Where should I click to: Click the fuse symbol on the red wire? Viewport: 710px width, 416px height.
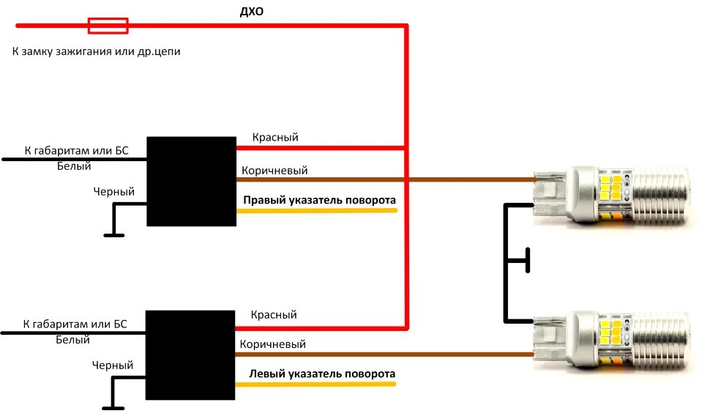click(108, 26)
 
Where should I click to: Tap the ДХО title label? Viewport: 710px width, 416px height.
click(252, 12)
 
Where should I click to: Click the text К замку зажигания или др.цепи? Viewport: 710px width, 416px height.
click(96, 52)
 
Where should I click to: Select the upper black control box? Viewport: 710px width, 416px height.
click(191, 181)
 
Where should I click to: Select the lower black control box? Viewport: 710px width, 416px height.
click(190, 354)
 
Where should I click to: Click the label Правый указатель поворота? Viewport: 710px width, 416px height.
click(319, 199)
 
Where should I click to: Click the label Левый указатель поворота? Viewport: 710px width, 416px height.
click(322, 374)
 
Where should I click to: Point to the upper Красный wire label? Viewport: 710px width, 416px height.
click(275, 137)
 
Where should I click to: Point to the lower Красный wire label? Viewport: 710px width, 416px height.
click(274, 314)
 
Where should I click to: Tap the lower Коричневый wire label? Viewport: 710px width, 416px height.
click(272, 344)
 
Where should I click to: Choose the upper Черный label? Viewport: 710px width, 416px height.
click(113, 191)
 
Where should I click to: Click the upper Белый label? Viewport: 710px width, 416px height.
click(74, 166)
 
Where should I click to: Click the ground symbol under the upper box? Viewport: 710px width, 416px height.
click(113, 234)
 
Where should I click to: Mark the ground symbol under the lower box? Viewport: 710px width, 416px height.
click(113, 407)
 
